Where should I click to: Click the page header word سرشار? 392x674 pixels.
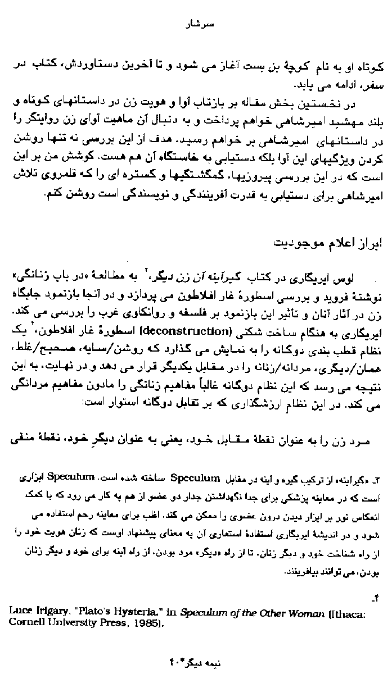click(x=196, y=25)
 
